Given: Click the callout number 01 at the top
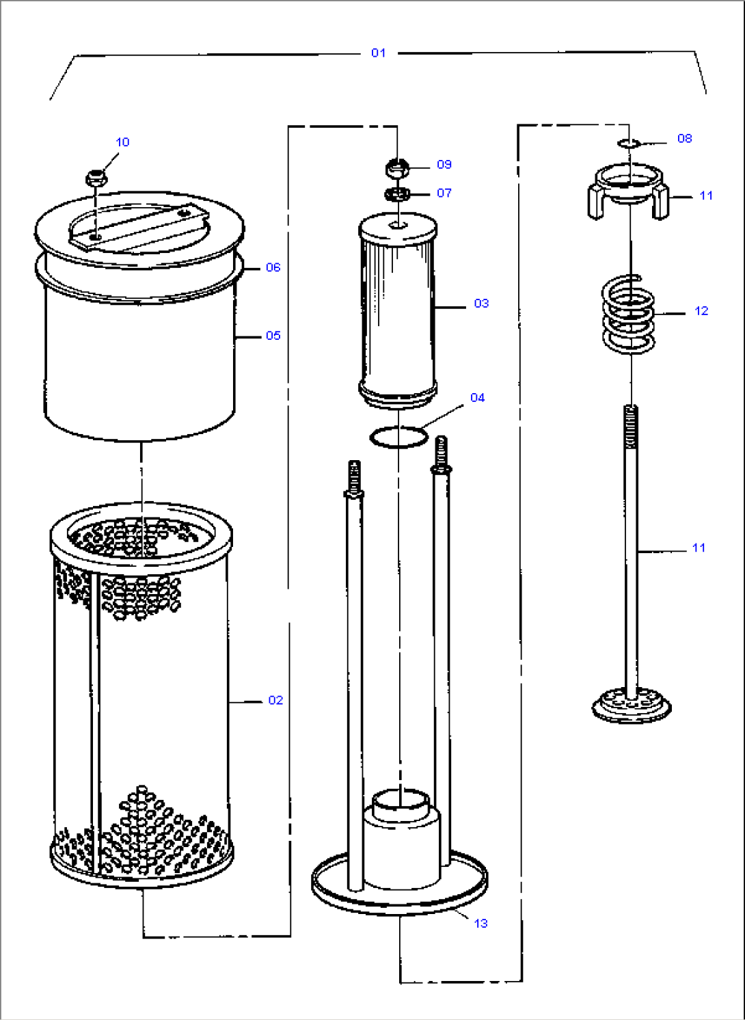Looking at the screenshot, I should click(x=378, y=53).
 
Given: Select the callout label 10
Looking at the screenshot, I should click(x=122, y=142).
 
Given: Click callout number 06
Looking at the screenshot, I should click(x=273, y=267).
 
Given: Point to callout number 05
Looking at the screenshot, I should click(x=273, y=336).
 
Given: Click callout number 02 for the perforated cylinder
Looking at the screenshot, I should click(x=275, y=700).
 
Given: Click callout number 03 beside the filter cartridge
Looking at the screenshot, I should click(x=481, y=303).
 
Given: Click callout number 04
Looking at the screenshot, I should click(x=477, y=397).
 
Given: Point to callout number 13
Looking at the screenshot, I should click(x=480, y=923).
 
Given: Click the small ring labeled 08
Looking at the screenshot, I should click(x=627, y=143).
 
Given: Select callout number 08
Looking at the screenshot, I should click(x=684, y=138).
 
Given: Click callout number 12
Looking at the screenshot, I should click(x=701, y=311).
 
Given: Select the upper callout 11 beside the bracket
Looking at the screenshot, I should click(x=706, y=196).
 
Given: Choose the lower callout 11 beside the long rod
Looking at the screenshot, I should click(x=699, y=548).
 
